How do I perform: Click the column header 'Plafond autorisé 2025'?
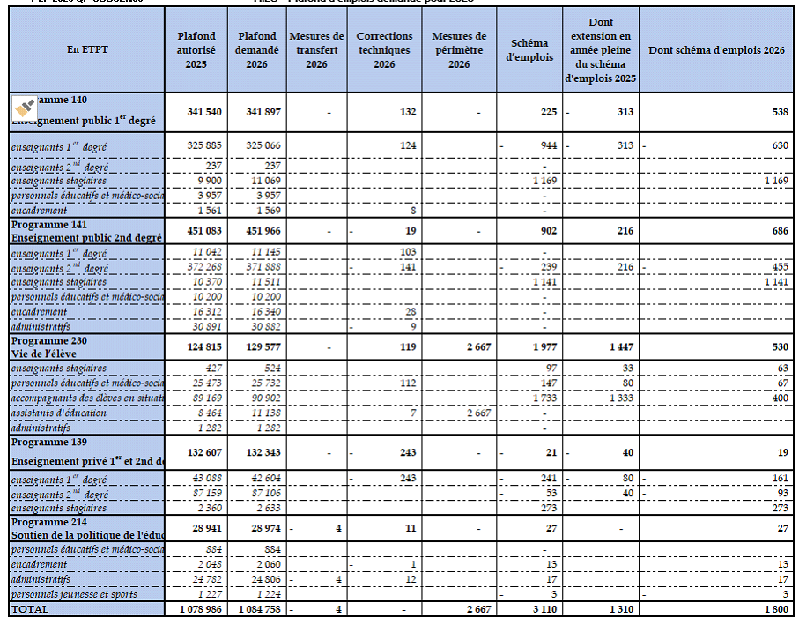196,50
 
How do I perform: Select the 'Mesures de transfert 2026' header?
316,50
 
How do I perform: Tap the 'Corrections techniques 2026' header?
384,50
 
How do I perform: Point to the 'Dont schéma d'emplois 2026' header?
716,50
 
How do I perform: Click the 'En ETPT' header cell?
87,50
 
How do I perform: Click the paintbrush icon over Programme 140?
25,108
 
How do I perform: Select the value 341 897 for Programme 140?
256,113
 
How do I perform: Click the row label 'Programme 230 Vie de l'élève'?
87,346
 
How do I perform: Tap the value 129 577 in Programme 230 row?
256,346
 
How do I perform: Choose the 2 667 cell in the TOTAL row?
466,609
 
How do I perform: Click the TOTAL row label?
32,609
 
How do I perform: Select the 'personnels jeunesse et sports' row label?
75,594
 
